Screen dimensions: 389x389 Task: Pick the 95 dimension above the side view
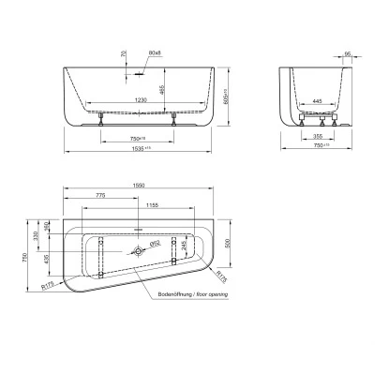pyautogui.click(x=348, y=53)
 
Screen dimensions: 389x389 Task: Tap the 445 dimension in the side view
pyautogui.click(x=319, y=100)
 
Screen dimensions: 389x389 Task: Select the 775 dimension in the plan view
pyautogui.click(x=100, y=197)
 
